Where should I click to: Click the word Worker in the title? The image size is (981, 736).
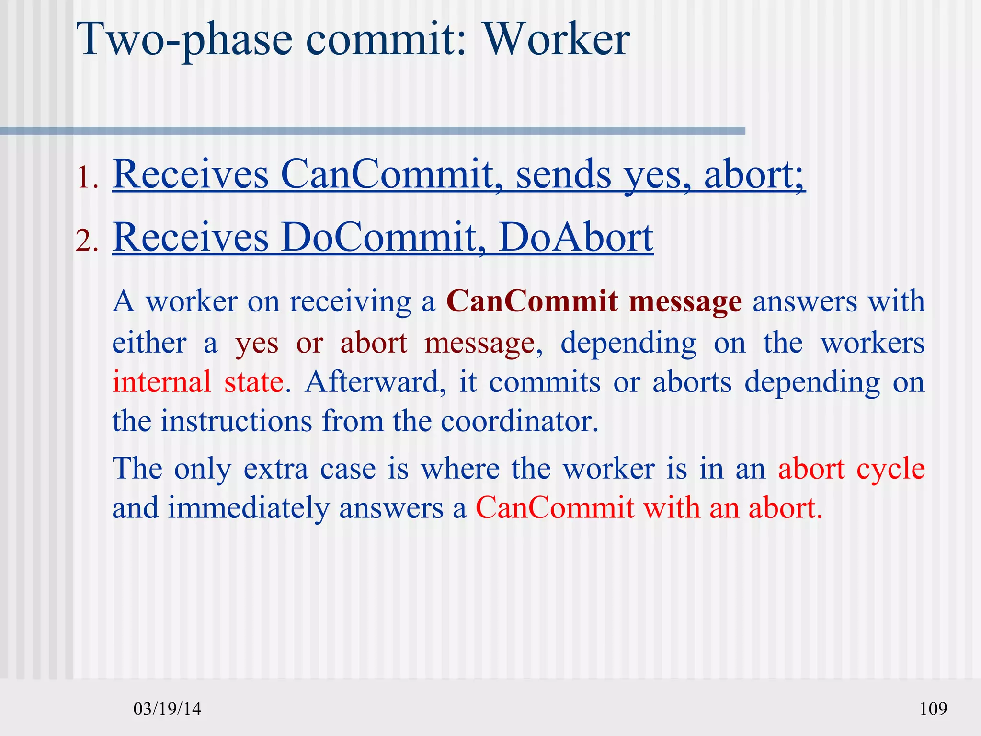click(556, 39)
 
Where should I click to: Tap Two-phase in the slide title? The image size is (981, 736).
click(184, 39)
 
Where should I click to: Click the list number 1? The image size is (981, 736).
click(87, 178)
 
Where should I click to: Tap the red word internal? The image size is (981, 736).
click(161, 382)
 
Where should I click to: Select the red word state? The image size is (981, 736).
click(254, 382)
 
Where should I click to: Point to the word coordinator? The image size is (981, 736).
click(519, 421)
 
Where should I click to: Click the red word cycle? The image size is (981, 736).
click(890, 469)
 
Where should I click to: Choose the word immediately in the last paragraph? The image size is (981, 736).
click(249, 508)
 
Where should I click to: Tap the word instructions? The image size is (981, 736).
click(236, 421)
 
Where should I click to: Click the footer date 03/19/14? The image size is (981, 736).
click(167, 709)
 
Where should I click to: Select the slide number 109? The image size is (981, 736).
click(933, 709)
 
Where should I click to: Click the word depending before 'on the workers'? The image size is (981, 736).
click(628, 344)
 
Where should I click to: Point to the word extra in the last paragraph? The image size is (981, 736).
click(276, 469)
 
